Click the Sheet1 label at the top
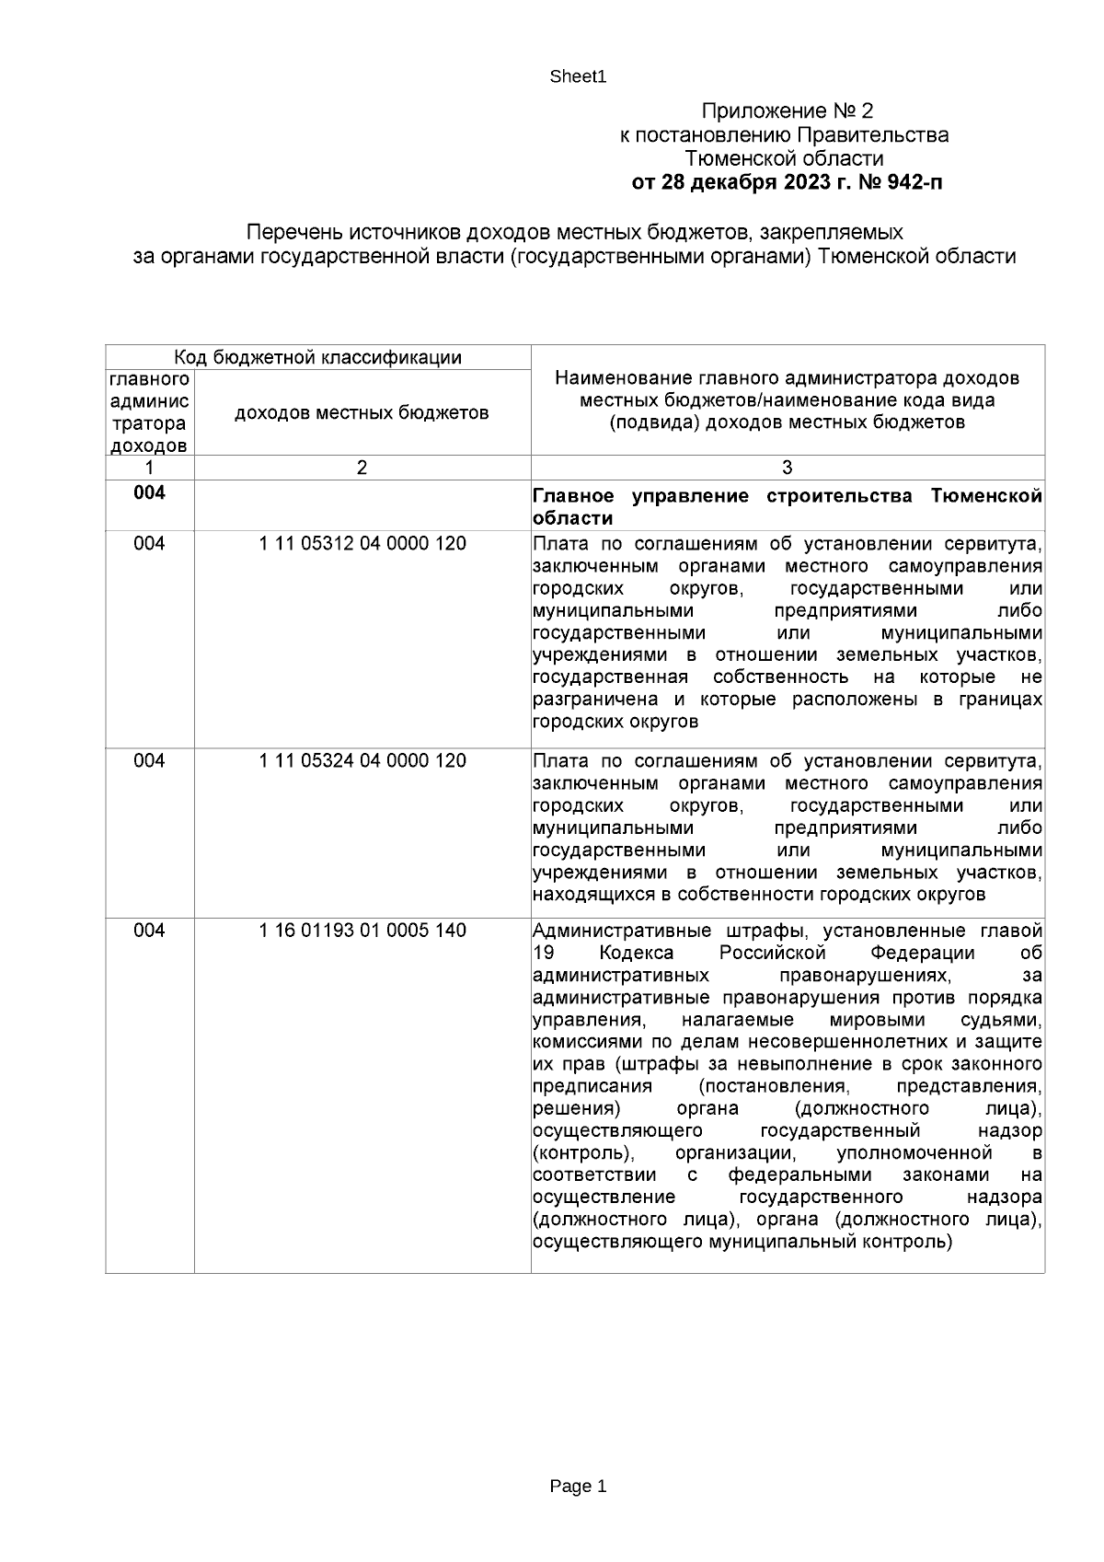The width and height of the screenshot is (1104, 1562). coord(578,77)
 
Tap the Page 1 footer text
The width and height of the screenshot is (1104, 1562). coord(578,1486)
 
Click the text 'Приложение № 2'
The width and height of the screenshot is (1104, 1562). coord(787,111)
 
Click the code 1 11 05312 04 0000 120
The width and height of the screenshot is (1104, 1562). coord(362,544)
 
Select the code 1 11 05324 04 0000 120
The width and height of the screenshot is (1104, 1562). coord(362,761)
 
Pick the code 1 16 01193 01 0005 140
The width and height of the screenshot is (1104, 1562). coord(362,931)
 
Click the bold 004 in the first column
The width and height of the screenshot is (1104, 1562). coord(149,493)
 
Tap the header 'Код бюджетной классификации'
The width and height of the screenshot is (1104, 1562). coord(318,357)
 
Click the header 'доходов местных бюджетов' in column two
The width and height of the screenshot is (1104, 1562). coord(362,413)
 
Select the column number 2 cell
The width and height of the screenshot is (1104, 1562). coord(362,468)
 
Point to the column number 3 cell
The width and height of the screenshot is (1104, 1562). coord(787,468)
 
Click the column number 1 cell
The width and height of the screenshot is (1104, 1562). coord(149,468)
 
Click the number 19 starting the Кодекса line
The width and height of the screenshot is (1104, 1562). coord(543,953)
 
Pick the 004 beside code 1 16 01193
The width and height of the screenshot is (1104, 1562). coord(149,931)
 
